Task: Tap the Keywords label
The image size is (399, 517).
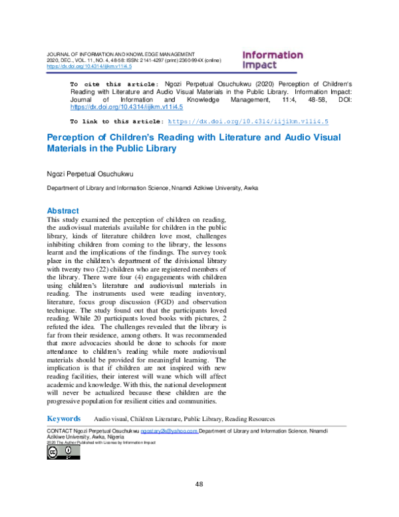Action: click(x=64, y=418)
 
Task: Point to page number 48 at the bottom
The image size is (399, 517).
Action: click(x=199, y=484)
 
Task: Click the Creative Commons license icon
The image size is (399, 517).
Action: click(x=63, y=452)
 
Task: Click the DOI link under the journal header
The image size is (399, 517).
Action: click(x=88, y=67)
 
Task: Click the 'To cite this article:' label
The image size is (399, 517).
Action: click(x=114, y=85)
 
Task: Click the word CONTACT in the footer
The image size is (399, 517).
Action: click(x=59, y=432)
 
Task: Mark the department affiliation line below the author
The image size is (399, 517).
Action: click(x=152, y=189)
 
